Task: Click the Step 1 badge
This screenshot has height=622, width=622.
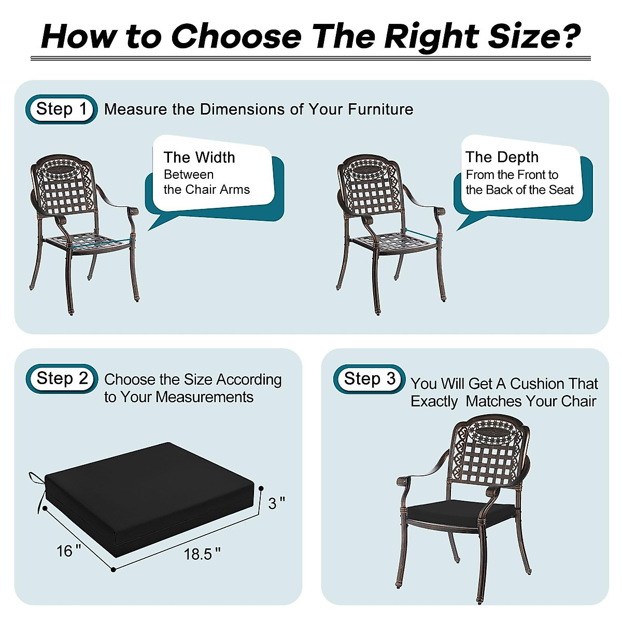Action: [61, 109]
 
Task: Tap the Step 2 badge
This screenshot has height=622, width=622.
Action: [62, 378]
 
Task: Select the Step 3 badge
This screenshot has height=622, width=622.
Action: [369, 379]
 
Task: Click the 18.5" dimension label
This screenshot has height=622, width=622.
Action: [202, 554]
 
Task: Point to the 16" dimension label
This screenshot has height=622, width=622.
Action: [68, 550]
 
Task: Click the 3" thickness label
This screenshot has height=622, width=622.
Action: [277, 503]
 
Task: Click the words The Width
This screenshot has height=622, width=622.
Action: [199, 157]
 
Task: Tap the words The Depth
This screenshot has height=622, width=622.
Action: [502, 157]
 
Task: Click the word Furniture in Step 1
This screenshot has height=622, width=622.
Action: [380, 109]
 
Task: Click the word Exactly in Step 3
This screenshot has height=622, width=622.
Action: [434, 401]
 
